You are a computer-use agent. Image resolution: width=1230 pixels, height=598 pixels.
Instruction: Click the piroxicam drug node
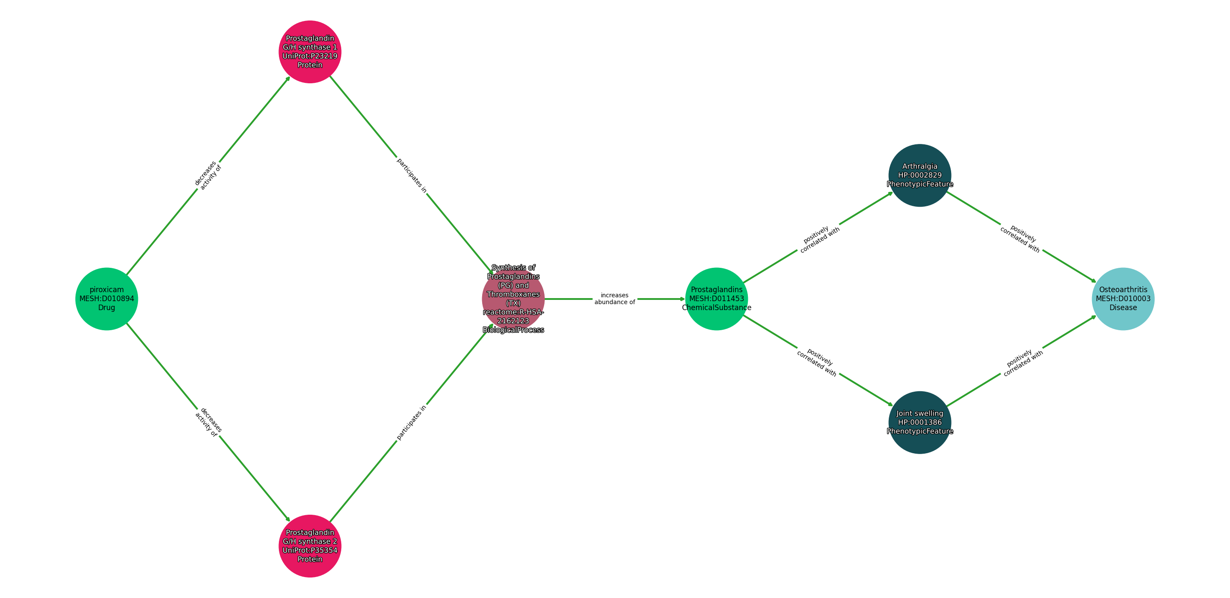point(106,299)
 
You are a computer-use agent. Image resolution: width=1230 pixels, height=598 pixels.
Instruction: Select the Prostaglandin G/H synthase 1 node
point(310,52)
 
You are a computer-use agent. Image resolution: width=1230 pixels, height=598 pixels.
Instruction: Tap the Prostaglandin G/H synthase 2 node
point(310,546)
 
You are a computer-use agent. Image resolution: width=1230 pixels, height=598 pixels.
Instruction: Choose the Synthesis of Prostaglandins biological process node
point(513,299)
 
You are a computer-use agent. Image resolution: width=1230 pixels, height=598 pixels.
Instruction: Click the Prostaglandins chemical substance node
point(716,299)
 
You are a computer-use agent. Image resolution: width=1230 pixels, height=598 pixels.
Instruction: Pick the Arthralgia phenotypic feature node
point(920,175)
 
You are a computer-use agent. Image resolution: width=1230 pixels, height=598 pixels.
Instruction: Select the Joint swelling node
point(920,422)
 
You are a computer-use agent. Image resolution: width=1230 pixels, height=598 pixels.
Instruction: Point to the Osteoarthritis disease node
point(1123,299)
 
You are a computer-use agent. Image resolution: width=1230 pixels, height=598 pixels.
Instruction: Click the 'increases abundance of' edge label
point(615,299)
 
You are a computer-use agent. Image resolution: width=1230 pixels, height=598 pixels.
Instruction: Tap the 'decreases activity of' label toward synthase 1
point(208,175)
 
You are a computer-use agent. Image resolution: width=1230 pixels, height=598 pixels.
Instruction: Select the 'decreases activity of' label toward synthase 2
point(208,422)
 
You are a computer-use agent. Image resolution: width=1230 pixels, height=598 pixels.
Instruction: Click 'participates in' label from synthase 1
point(412,175)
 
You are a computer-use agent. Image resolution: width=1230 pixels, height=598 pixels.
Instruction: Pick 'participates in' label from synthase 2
point(412,422)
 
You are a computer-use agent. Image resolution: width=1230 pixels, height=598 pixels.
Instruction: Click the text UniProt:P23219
point(310,56)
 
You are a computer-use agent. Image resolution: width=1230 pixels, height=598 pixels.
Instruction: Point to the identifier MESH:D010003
point(1123,299)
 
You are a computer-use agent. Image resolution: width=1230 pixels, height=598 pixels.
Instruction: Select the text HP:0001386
point(920,422)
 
